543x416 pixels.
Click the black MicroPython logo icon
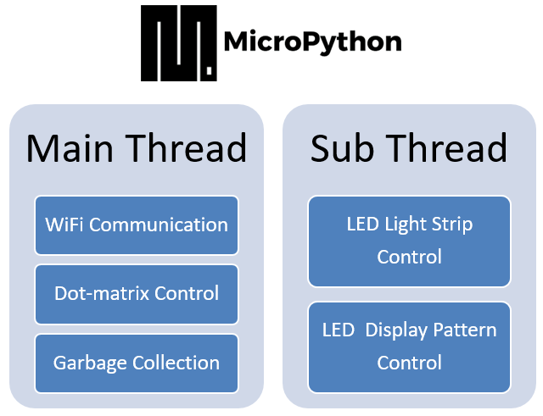pos(179,43)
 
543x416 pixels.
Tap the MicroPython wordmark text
pos(313,42)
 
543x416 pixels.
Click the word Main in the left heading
pos(70,148)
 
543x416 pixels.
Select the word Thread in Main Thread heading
pos(186,148)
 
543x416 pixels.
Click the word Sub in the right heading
pos(342,148)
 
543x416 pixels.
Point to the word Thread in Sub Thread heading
pos(447,148)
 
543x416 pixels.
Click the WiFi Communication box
pos(137,225)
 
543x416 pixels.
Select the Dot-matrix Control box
pos(137,294)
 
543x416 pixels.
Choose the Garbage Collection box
pos(137,363)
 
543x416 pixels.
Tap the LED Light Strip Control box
pos(409,241)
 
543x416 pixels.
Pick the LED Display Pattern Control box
pos(409,347)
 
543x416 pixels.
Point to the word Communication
pos(159,225)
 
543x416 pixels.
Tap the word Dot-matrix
pos(102,294)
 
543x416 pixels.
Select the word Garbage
pos(90,363)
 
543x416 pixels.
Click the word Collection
pos(176,363)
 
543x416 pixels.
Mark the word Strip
pos(452,225)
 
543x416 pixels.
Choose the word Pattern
pos(465,330)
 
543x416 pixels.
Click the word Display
pos(396,330)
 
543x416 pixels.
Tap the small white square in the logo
pos(210,70)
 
